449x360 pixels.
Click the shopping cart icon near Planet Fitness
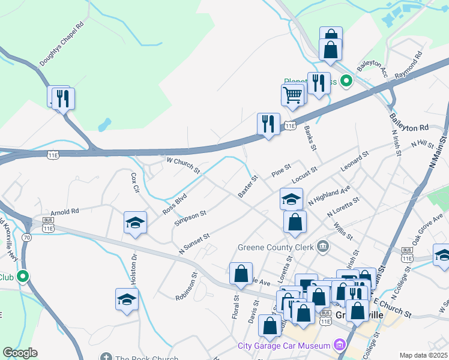pos(292,94)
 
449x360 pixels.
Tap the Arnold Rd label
pos(65,212)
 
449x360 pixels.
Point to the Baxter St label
pos(247,187)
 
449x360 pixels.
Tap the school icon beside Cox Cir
pos(135,223)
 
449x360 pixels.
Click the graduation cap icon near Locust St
pos(292,199)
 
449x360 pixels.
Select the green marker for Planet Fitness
pos(346,80)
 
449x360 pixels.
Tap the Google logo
pos(20,353)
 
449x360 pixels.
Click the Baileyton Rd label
pos(409,123)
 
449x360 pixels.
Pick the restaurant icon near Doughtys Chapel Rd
pos(62,97)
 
